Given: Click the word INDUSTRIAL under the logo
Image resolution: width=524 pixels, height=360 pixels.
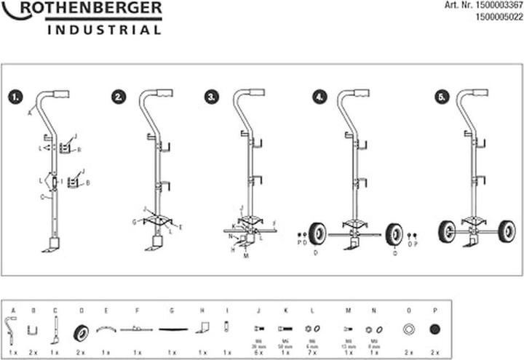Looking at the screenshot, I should (104, 30).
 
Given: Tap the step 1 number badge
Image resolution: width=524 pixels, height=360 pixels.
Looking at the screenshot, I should (15, 97).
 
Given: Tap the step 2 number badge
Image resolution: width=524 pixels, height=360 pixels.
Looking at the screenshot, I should (119, 97).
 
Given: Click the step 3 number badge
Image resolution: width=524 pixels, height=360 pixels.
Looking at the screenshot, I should (212, 97).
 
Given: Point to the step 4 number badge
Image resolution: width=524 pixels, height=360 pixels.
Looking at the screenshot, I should (319, 97).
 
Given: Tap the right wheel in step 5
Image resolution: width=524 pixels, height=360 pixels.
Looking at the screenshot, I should (507, 232).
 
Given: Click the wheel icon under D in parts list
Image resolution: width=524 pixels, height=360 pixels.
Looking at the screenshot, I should (81, 332).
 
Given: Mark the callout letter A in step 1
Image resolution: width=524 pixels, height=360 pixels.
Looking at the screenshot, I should (30, 113).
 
